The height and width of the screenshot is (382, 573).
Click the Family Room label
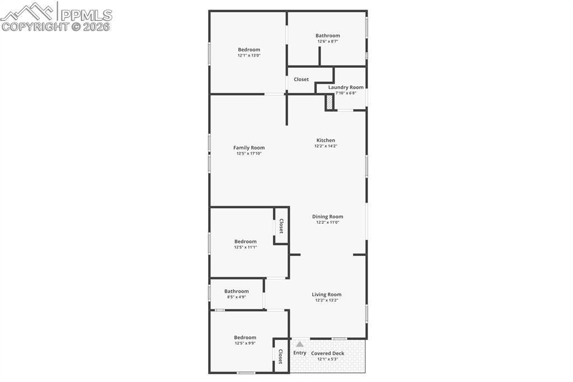click(249, 148)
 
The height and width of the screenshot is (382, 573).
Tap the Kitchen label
click(326, 141)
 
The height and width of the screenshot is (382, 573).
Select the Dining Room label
click(327, 217)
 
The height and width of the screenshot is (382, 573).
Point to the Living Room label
click(326, 295)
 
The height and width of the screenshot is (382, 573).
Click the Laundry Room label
click(345, 87)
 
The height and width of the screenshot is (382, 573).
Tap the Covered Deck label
click(327, 353)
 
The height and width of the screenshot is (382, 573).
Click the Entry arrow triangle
click(300, 344)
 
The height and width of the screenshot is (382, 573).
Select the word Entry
click(300, 353)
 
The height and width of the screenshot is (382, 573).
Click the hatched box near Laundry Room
click(330, 102)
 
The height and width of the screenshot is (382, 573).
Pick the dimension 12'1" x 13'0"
click(249, 55)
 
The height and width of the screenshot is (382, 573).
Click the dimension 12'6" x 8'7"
click(327, 41)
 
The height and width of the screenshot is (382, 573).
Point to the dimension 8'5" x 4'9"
click(236, 297)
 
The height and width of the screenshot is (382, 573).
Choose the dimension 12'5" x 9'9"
click(245, 343)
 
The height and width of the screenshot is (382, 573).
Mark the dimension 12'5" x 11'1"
click(245, 248)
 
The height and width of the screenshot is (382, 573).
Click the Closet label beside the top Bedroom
click(301, 80)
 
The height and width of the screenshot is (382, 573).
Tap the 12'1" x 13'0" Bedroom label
click(249, 50)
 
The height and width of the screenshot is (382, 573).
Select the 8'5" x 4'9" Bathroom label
click(236, 291)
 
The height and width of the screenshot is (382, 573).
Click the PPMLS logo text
click(86, 15)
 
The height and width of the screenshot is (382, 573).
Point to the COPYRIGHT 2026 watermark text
click(56, 26)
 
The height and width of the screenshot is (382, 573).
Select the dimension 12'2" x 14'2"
click(326, 146)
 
